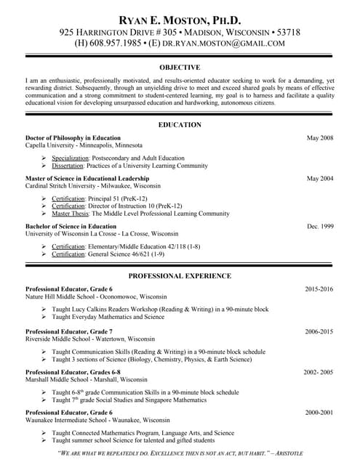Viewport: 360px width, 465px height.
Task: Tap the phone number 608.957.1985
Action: [116, 44]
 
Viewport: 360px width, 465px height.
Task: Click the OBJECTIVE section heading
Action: [180, 67]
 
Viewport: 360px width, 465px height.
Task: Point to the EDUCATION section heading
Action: [180, 125]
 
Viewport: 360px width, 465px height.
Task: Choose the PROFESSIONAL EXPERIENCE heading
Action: [180, 276]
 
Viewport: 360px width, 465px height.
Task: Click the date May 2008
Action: [320, 137]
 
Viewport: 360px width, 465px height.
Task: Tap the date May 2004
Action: [320, 178]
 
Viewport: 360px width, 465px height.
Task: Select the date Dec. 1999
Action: [320, 227]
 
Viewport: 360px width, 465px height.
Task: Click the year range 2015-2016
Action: [319, 289]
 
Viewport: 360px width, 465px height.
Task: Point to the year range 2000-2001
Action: [319, 412]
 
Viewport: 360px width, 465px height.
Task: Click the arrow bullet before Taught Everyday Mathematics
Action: [44, 318]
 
